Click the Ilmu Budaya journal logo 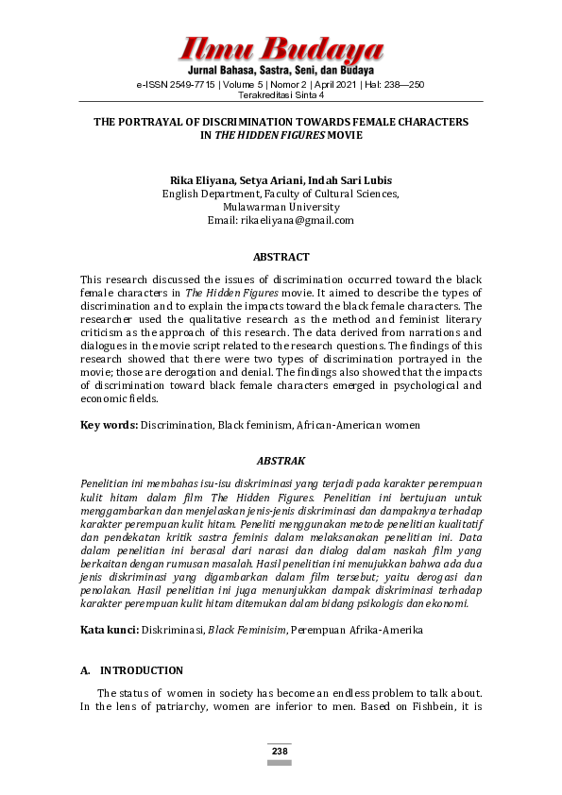click(x=281, y=49)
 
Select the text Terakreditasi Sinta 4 click(x=281, y=95)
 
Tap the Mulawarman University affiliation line click(x=281, y=207)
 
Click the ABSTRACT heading click(x=281, y=257)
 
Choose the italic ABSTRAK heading click(x=281, y=461)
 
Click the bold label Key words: click(x=109, y=426)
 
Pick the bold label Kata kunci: click(x=110, y=629)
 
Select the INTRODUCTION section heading click(x=142, y=670)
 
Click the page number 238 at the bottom click(x=280, y=752)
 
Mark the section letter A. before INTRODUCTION click(x=85, y=670)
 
